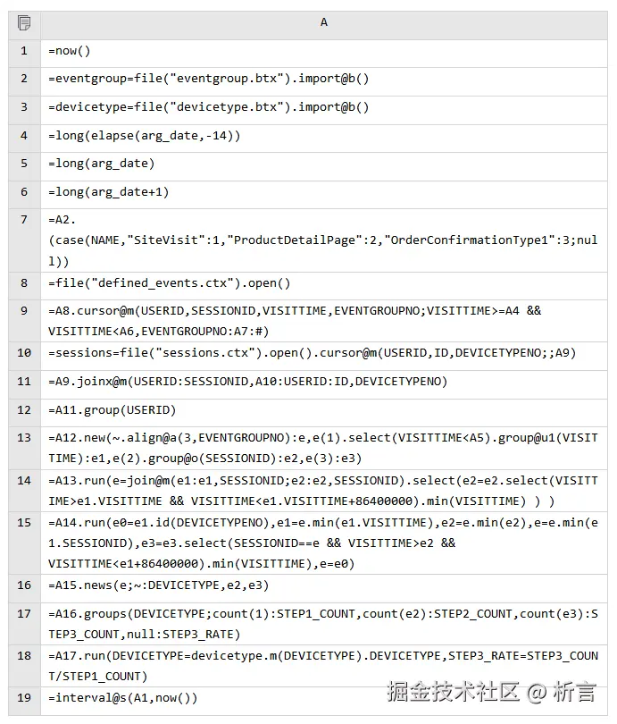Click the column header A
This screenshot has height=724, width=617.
(x=323, y=22)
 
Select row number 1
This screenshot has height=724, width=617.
(x=24, y=51)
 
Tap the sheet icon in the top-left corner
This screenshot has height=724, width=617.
(x=24, y=22)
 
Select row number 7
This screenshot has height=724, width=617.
(x=24, y=220)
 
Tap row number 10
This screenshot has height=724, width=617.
(x=24, y=353)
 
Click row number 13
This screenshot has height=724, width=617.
(x=24, y=438)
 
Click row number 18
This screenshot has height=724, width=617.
(x=24, y=656)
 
